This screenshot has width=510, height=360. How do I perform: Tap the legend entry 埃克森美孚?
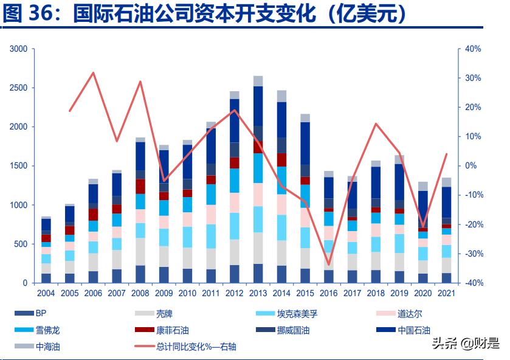297,314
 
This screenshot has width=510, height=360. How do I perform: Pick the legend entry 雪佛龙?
47,331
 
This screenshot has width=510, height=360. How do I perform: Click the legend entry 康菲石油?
173,331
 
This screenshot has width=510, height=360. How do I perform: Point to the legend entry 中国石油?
413,331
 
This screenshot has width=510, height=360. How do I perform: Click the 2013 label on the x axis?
258,294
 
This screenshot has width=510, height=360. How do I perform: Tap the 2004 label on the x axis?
46,294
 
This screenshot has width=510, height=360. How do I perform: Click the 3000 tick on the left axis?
19,49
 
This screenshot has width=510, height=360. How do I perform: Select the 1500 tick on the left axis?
19,166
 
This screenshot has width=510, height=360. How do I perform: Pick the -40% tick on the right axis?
473,283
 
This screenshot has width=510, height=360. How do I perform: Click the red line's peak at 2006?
93,73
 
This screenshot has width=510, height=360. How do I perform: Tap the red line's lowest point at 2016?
329,265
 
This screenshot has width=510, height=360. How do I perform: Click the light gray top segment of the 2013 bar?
258,81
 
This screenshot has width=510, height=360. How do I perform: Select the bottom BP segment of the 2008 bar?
140,274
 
